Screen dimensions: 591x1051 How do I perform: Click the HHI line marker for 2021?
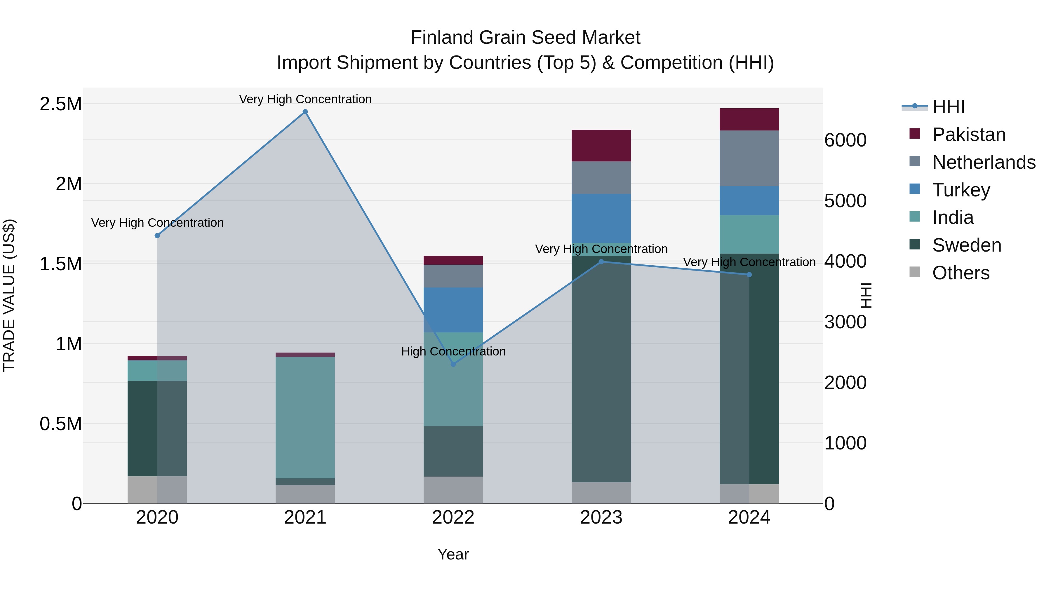point(305,112)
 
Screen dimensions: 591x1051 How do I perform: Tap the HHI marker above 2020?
point(157,236)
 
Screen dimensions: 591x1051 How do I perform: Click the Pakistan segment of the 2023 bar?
point(601,146)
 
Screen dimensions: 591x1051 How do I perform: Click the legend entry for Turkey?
point(960,190)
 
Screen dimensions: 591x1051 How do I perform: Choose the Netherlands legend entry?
point(983,162)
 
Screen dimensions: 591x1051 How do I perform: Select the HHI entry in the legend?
point(948,107)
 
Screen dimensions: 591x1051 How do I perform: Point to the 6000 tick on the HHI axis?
point(845,140)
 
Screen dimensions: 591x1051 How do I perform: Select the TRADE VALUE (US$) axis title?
point(9,295)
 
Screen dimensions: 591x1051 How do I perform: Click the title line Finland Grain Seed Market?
point(525,38)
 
